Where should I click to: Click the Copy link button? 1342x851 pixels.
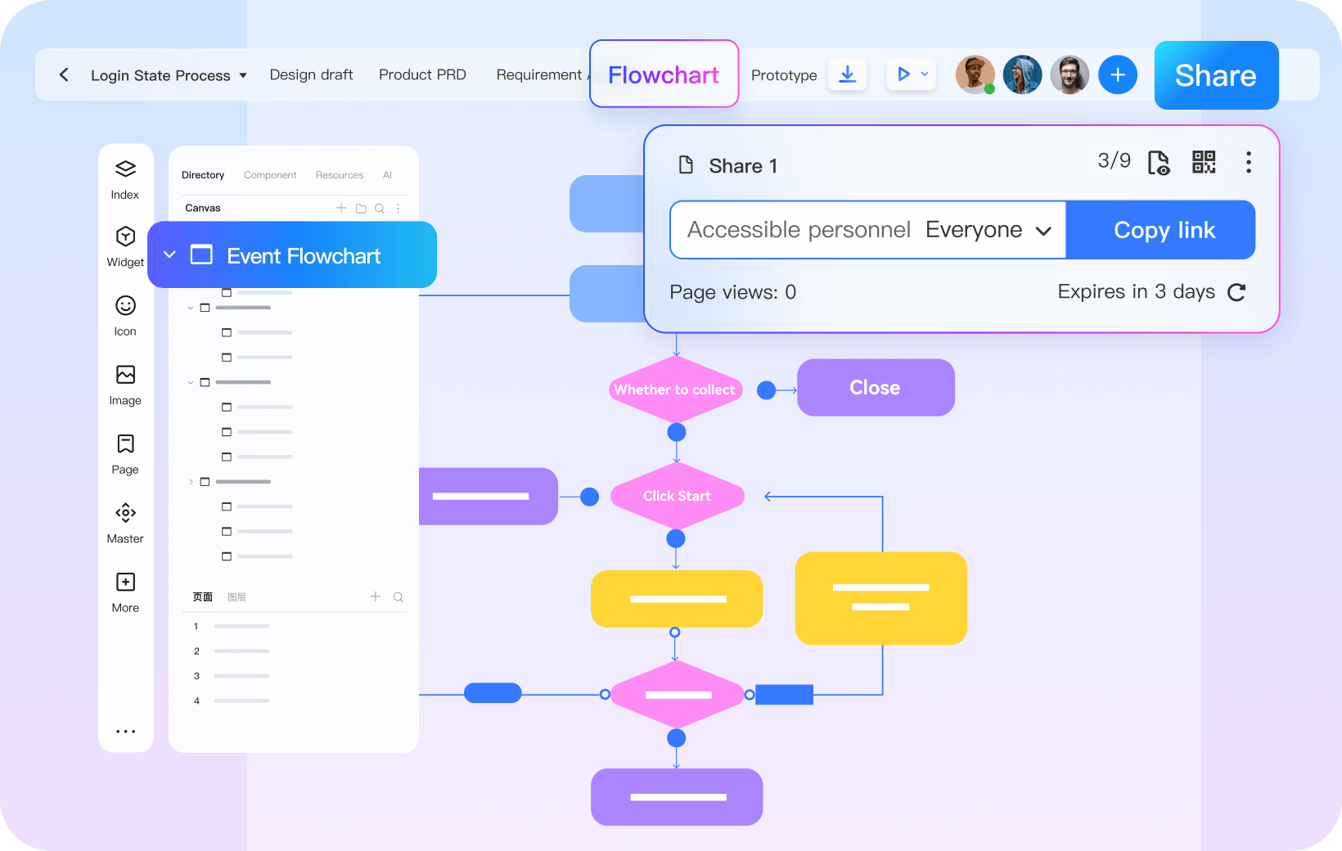tap(1164, 230)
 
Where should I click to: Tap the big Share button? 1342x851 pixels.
tap(1215, 75)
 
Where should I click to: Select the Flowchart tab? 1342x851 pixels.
tap(664, 74)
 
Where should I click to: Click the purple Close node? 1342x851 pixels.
tap(875, 388)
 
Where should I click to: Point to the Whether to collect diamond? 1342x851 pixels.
tap(675, 389)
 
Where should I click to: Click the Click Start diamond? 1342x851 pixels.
tap(677, 496)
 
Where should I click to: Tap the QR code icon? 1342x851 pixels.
tap(1203, 162)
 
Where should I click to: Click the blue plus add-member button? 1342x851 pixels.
tap(1118, 75)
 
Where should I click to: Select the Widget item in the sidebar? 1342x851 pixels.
tap(125, 246)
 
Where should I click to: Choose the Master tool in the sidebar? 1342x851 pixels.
tap(125, 523)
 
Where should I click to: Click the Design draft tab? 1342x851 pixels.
tap(311, 75)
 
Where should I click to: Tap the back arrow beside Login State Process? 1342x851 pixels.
tap(64, 75)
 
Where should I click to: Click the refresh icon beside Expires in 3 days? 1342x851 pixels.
tap(1236, 292)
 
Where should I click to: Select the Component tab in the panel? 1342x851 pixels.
tap(270, 175)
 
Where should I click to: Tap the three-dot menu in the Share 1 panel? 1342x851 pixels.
tap(1248, 162)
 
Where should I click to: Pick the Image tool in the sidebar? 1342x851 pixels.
tap(125, 385)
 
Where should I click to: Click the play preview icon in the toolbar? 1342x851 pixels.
tap(903, 74)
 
